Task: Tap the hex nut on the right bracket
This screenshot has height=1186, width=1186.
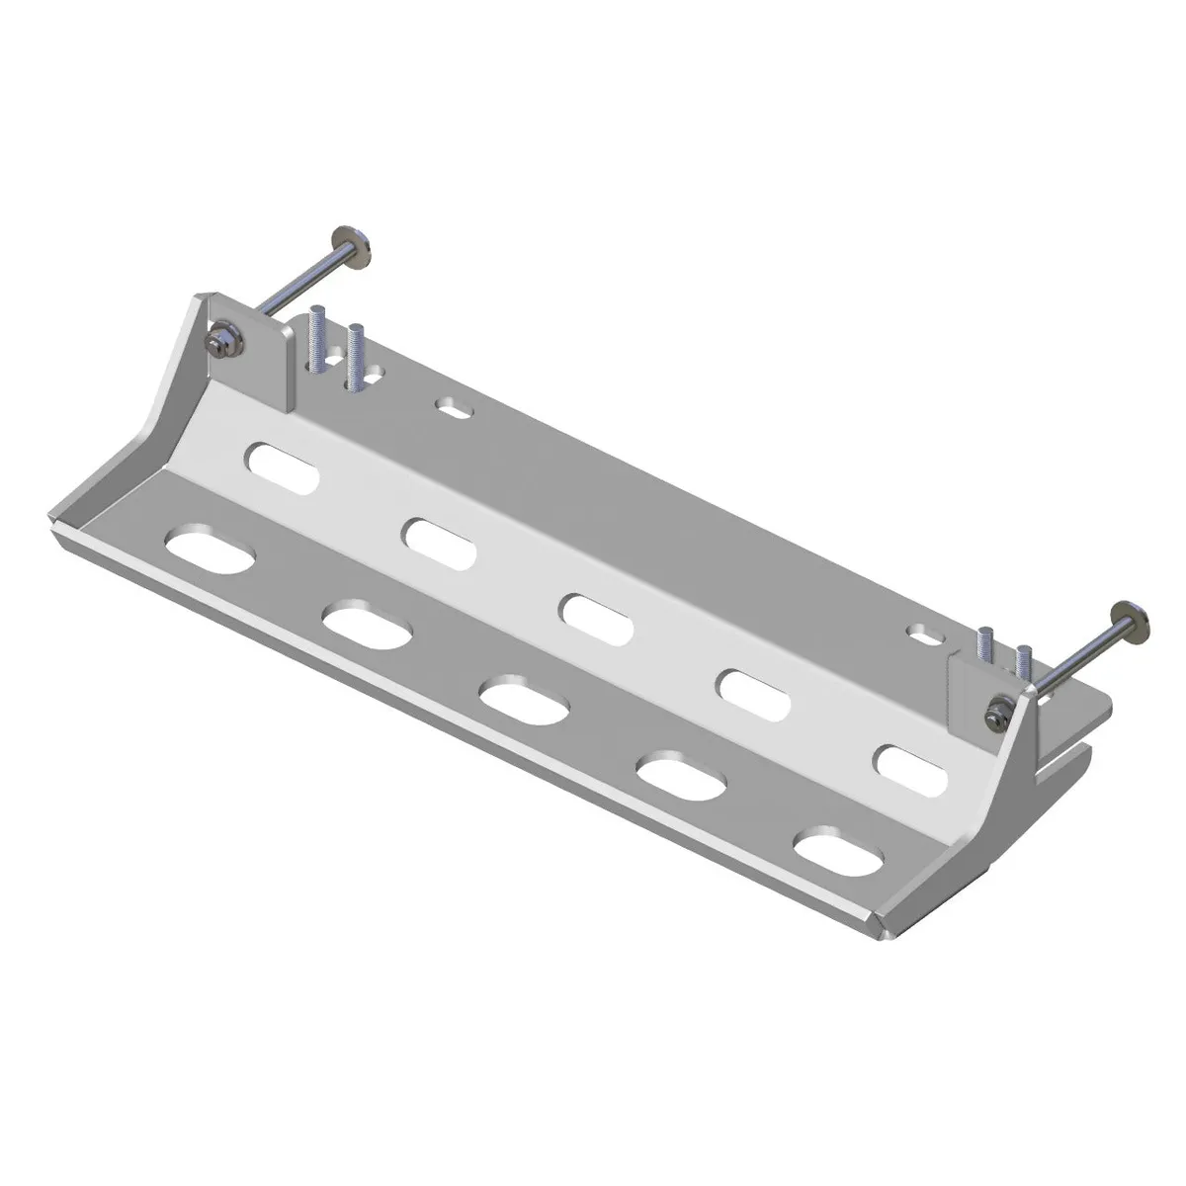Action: (x=999, y=714)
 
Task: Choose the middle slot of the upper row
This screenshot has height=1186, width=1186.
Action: (x=597, y=620)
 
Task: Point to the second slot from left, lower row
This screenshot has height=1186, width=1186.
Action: (x=367, y=626)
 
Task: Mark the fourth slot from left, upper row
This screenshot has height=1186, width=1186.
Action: (x=755, y=694)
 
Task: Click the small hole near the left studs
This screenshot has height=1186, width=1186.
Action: (x=455, y=406)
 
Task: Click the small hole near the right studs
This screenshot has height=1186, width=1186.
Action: (x=926, y=634)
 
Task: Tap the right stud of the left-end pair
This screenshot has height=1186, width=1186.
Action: (x=355, y=354)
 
